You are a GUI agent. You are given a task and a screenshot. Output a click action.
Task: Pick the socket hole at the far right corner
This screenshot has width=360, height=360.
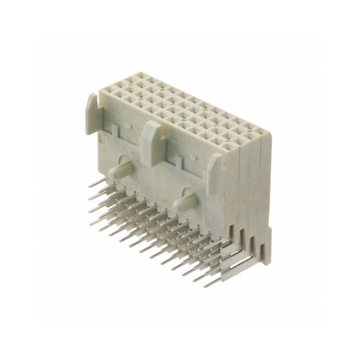[x=261, y=131]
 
